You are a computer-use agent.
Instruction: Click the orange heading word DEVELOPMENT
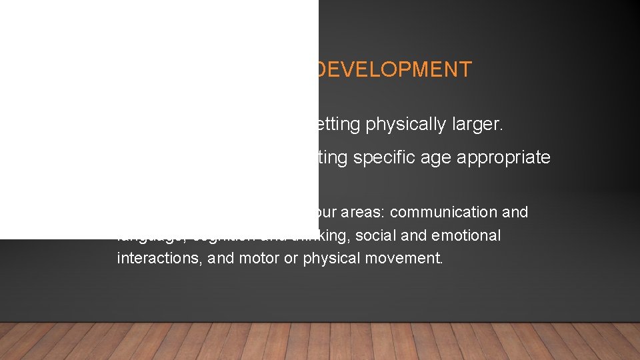[394, 69]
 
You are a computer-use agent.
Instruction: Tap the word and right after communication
[516, 212]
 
